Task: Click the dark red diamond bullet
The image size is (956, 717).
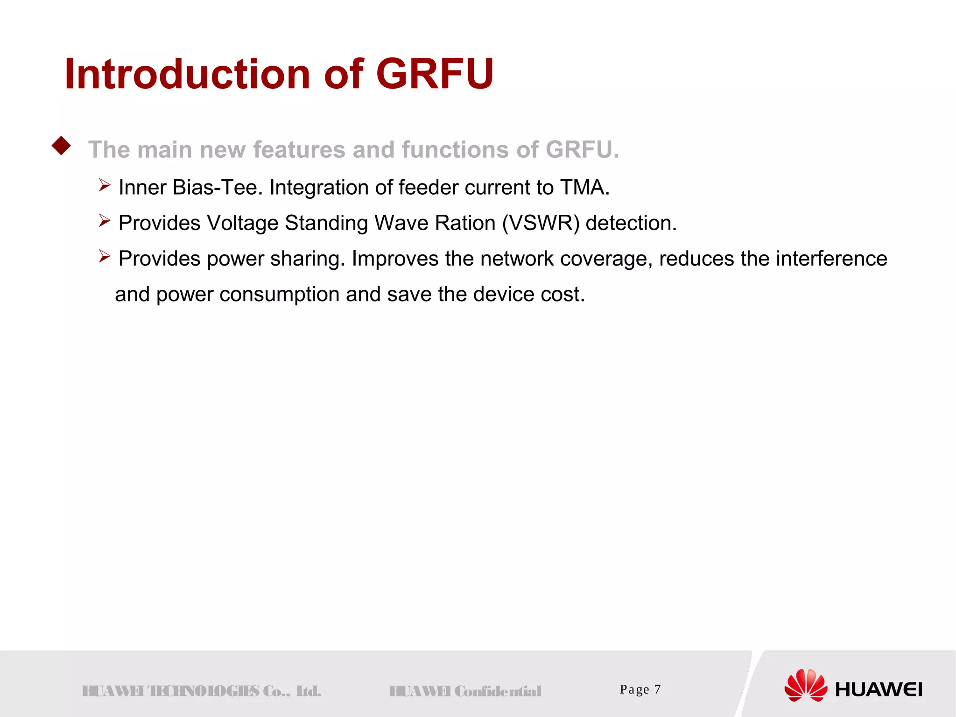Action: [61, 146]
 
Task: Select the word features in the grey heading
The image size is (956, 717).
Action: [299, 150]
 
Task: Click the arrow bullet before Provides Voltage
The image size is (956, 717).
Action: [104, 220]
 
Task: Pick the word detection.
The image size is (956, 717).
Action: [631, 223]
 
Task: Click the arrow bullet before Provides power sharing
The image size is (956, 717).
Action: [104, 256]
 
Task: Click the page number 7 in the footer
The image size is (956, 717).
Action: [657, 689]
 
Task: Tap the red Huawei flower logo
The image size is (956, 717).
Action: [805, 685]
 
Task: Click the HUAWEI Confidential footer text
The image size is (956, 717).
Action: [465, 691]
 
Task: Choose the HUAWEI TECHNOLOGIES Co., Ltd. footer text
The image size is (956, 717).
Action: [201, 691]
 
